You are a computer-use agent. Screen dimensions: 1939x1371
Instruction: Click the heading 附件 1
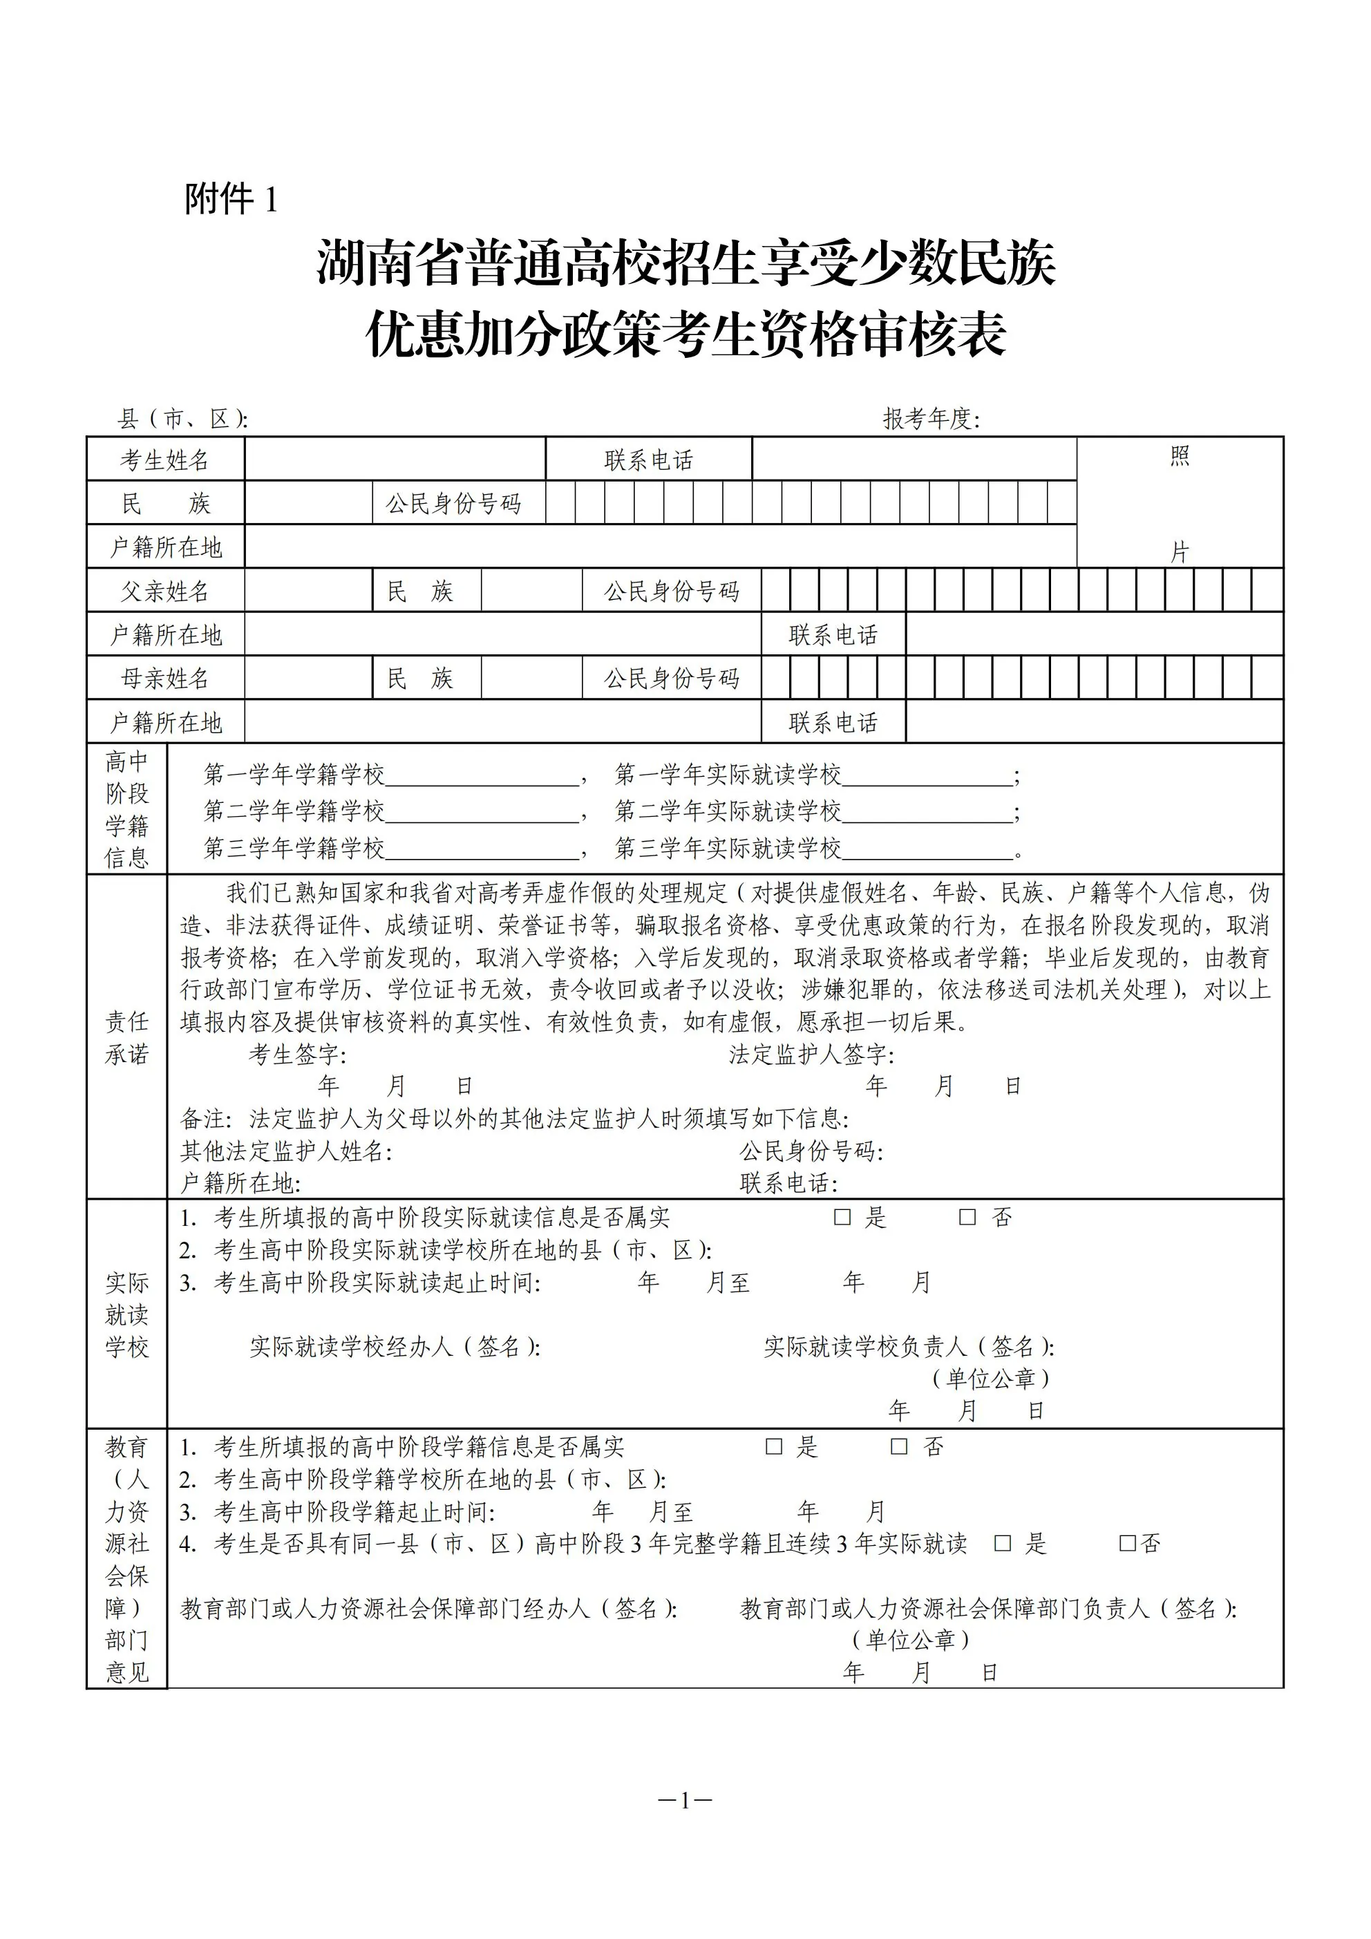coord(231,199)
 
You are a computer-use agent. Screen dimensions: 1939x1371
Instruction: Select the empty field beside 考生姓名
coord(395,460)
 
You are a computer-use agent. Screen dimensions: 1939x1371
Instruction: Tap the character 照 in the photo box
coord(1180,457)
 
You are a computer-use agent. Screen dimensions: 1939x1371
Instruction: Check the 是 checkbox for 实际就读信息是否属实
coord(842,1217)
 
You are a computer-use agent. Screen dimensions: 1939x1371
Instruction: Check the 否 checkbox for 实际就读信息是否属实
coord(968,1217)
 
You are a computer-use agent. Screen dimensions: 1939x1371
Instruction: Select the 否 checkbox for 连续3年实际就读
coord(1128,1544)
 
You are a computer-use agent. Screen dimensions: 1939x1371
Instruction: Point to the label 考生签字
coord(296,1054)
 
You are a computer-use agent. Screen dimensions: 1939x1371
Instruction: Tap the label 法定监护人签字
coord(811,1054)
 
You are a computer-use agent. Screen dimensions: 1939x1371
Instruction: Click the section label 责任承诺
coord(126,1038)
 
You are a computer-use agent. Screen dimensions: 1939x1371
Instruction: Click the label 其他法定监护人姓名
coord(285,1151)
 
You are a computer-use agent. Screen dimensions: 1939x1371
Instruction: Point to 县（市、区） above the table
coord(182,419)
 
